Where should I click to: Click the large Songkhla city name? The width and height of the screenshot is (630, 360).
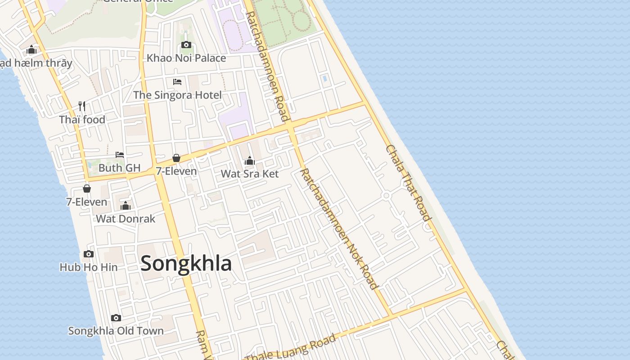click(186, 264)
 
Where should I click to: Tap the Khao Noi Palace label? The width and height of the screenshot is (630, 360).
click(186, 58)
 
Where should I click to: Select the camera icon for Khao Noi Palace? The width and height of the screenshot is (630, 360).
click(186, 45)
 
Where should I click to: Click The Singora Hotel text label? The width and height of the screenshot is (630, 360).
click(177, 95)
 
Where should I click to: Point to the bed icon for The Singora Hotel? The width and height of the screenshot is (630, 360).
click(177, 81)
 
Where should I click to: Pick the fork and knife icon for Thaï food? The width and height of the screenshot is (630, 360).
click(82, 106)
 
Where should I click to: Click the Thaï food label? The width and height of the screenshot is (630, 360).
click(82, 120)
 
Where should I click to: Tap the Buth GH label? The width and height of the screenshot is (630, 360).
click(119, 168)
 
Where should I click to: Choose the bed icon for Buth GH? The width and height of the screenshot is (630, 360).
click(119, 155)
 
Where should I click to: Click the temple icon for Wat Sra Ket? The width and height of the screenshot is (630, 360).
click(250, 161)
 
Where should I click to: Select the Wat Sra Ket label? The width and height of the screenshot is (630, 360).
click(250, 174)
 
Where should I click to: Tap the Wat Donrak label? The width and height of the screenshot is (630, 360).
click(126, 219)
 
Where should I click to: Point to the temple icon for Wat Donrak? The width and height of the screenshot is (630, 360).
click(126, 206)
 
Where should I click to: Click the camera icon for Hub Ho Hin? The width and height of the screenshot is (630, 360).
click(89, 254)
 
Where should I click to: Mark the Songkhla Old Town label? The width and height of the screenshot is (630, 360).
click(116, 331)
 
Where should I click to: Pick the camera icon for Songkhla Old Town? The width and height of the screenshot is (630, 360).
click(116, 318)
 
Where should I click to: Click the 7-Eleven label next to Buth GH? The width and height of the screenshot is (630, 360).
click(176, 171)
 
